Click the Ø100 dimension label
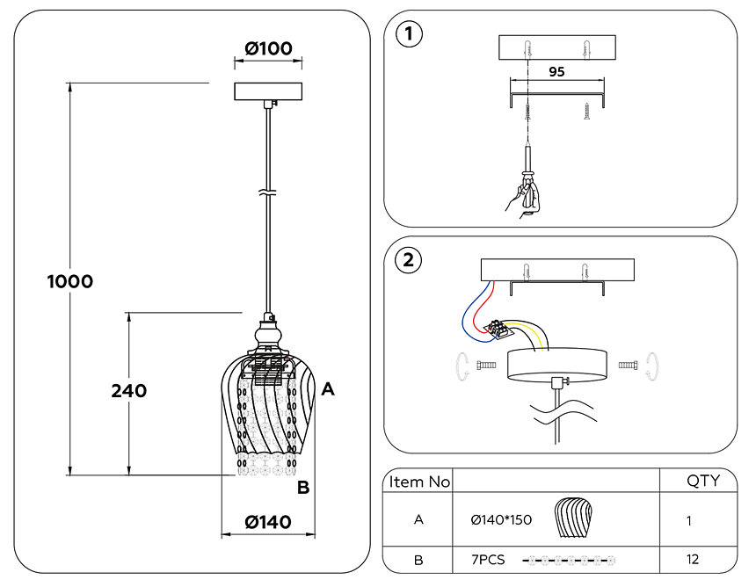click(268, 48)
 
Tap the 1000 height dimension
click(69, 282)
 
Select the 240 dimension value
click(128, 391)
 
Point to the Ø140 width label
click(268, 522)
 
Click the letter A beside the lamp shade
click(327, 388)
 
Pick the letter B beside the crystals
click(302, 489)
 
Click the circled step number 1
click(409, 35)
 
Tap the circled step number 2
click(408, 260)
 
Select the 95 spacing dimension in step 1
click(556, 72)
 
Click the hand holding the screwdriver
click(525, 199)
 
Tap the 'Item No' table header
click(419, 482)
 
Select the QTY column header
click(702, 481)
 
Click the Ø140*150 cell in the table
click(501, 520)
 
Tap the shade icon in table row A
click(575, 518)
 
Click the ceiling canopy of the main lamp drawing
click(268, 91)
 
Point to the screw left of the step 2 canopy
click(485, 364)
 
